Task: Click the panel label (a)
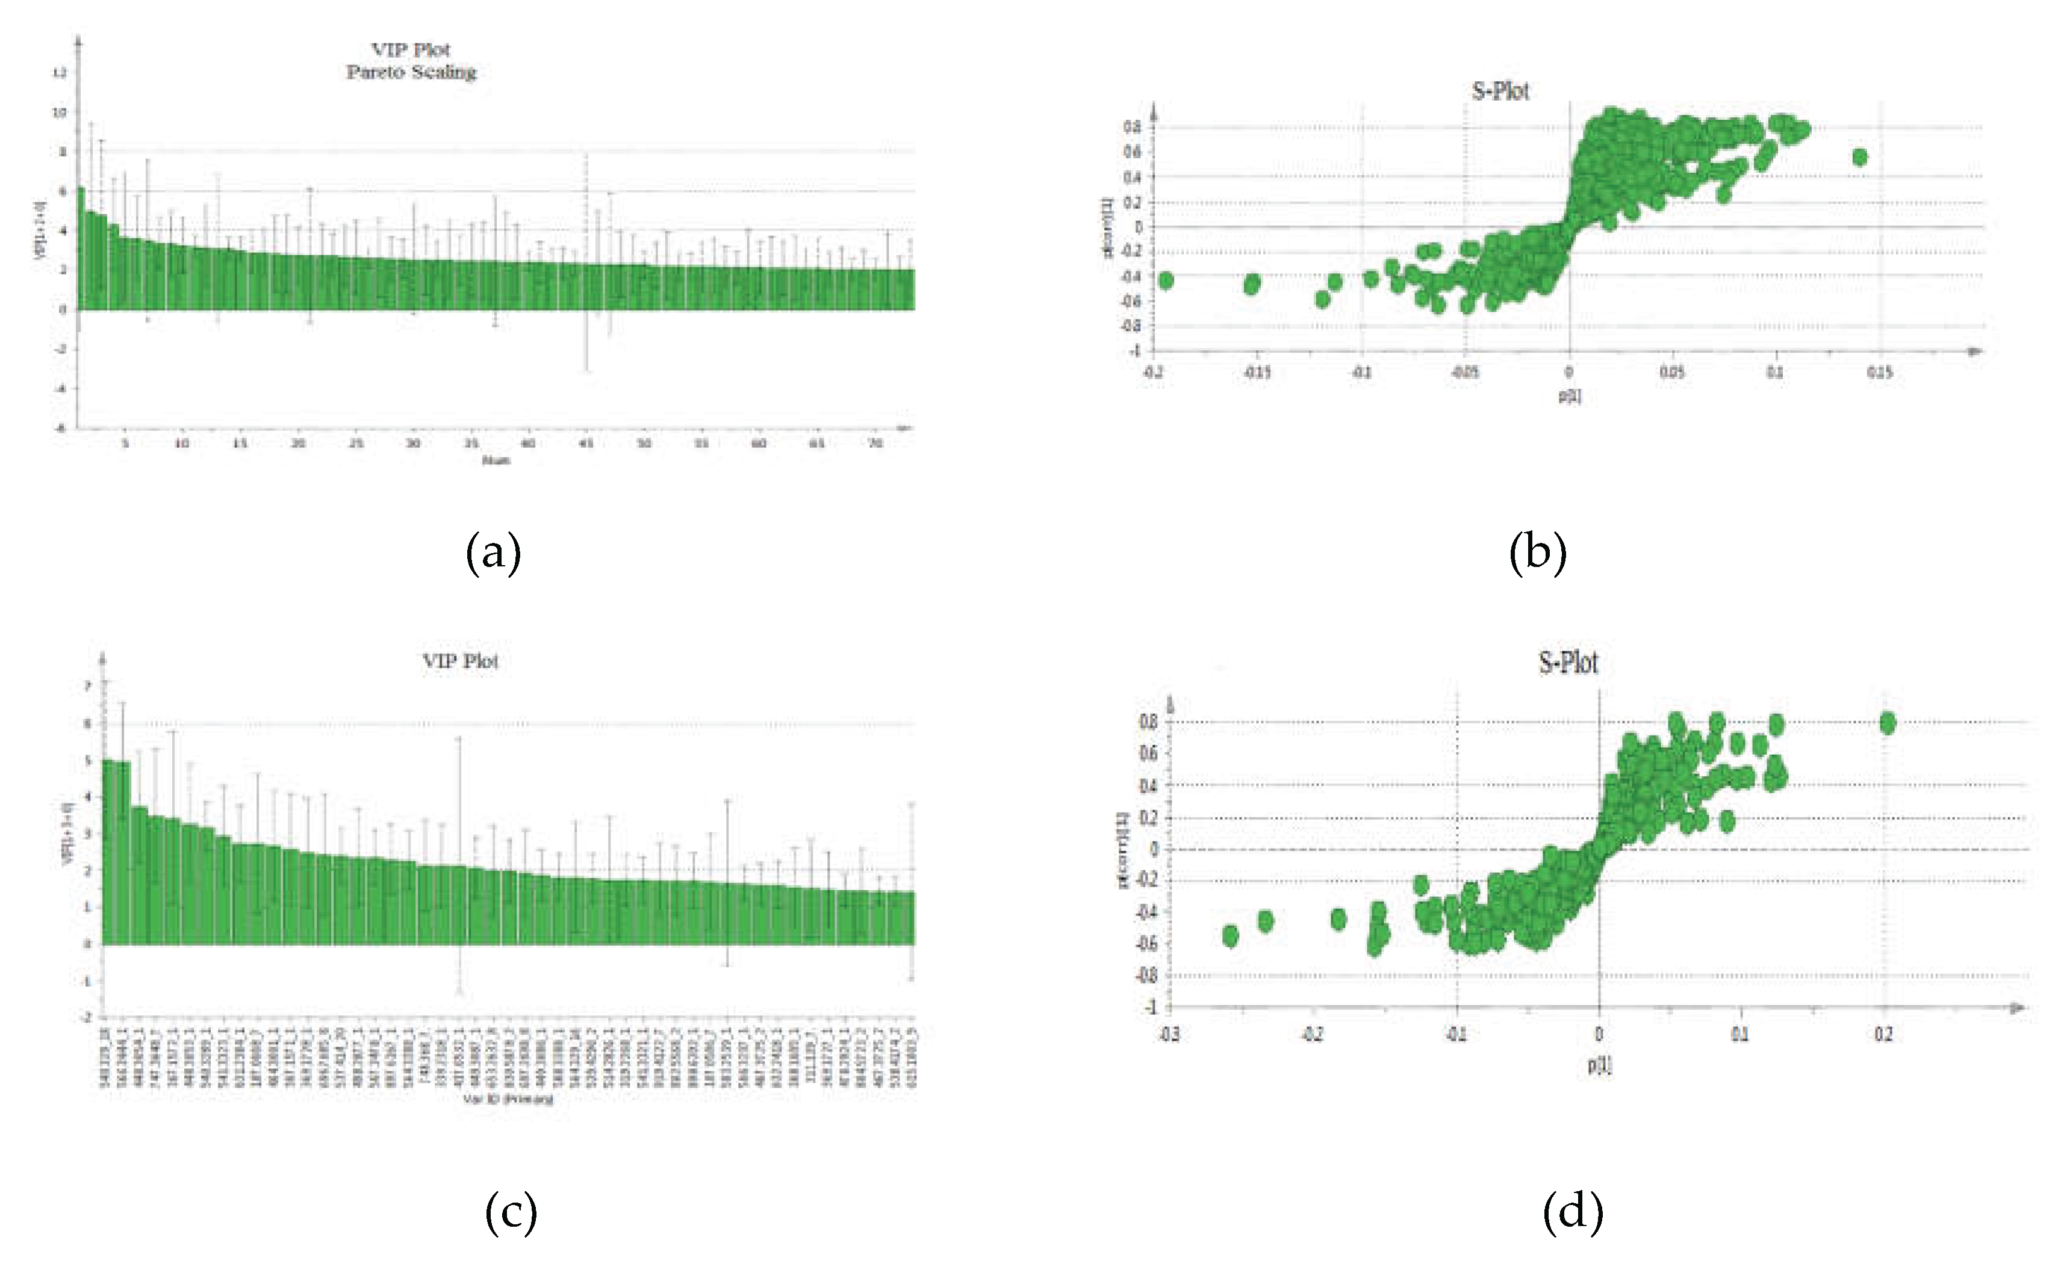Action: click(493, 553)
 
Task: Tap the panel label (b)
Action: click(1537, 553)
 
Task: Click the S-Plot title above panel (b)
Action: click(1500, 90)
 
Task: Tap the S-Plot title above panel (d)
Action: click(1568, 663)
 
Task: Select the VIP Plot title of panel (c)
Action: click(460, 661)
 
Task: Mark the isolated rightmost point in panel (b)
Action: click(1860, 157)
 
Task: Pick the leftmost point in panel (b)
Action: click(1166, 280)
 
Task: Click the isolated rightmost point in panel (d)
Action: click(1886, 723)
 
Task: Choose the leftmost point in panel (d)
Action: click(1230, 935)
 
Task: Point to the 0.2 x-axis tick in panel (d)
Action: click(1882, 1035)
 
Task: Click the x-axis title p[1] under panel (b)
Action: click(1569, 395)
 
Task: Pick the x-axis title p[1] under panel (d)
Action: click(1599, 1065)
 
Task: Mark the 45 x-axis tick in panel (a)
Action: click(586, 443)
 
